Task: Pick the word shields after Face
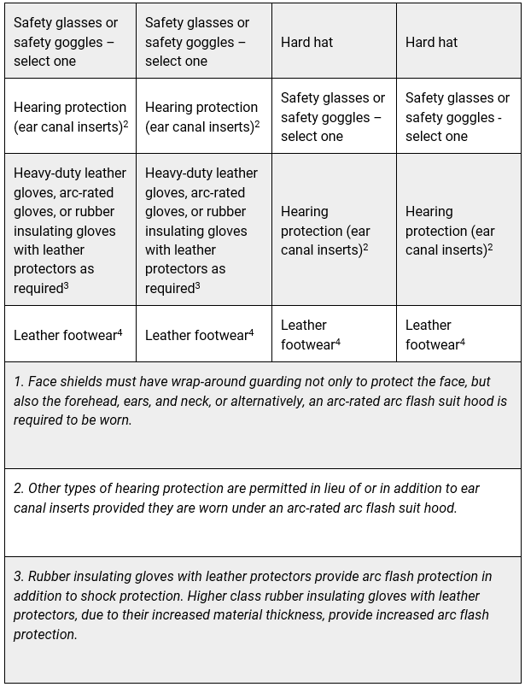[71, 381]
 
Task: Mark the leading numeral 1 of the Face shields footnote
[17, 381]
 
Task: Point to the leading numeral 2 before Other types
[18, 489]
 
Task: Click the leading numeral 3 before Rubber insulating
[18, 577]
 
